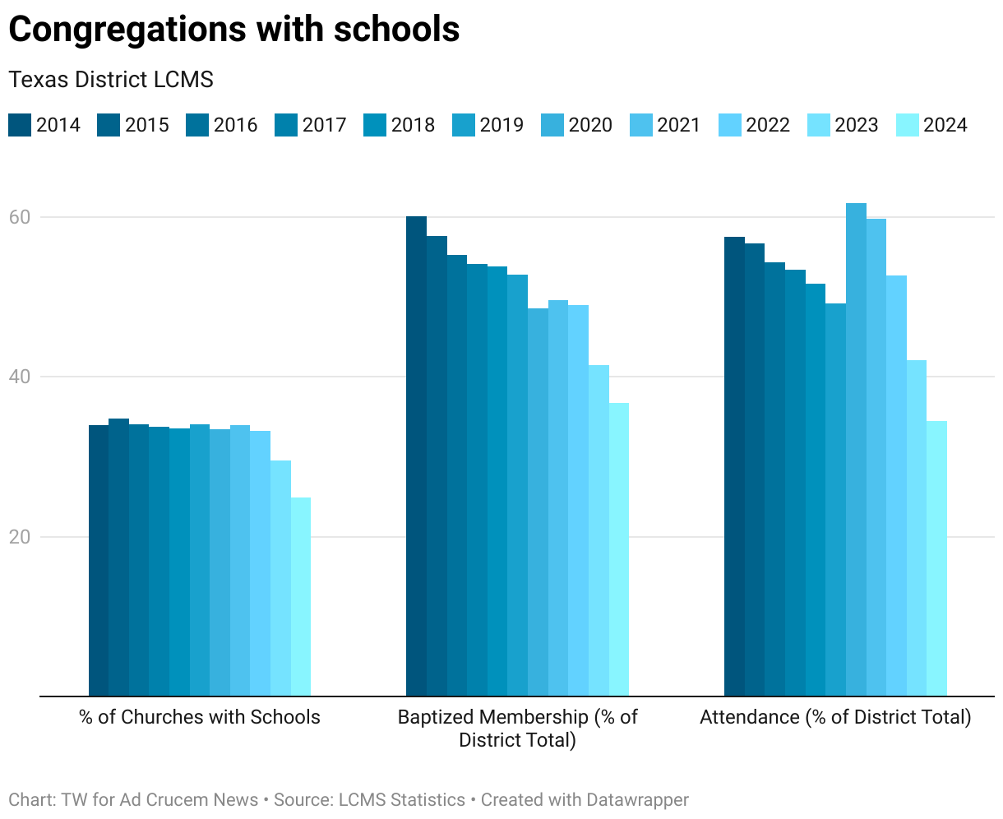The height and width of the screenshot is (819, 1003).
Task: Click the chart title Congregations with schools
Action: pos(233,30)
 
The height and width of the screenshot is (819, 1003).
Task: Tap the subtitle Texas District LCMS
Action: pos(111,80)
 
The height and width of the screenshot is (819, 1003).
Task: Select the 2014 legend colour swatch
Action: pos(20,125)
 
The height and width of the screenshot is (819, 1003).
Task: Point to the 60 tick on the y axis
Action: pos(19,217)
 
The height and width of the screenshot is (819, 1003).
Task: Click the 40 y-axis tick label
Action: pos(19,377)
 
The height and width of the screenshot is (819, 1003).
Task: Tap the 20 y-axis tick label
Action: pos(19,537)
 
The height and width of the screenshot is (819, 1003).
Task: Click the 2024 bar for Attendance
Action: pos(936,559)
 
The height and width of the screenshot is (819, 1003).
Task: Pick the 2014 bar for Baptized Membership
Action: pos(416,456)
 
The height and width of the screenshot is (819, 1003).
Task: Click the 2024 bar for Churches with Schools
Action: pos(300,597)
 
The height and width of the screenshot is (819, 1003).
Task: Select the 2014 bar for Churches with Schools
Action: pos(99,561)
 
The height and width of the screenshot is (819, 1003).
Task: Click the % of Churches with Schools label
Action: pos(200,717)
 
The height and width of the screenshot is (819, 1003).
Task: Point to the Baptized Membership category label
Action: pos(517,729)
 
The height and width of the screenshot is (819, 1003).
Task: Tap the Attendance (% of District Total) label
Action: pos(835,717)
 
